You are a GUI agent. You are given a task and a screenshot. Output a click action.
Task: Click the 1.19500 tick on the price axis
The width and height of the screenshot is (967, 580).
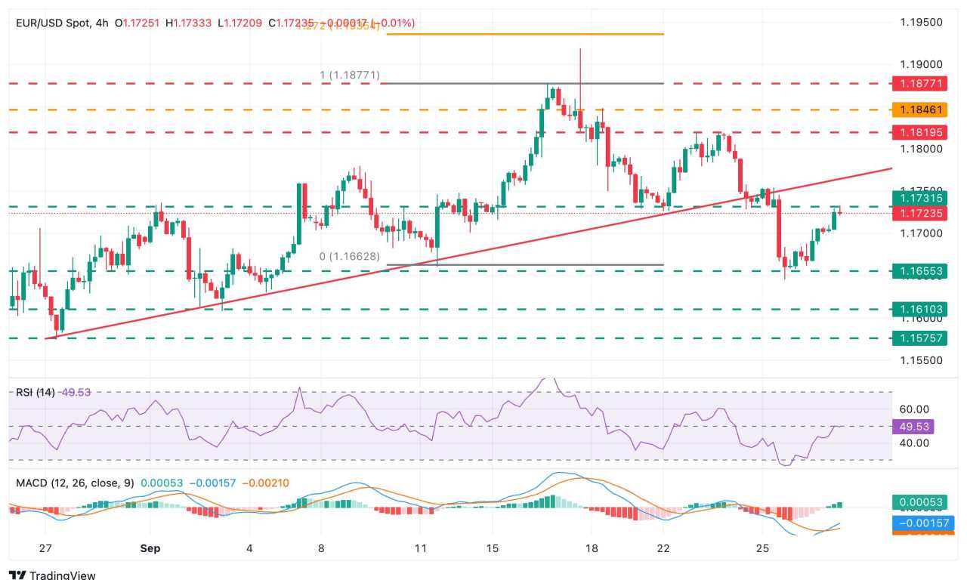[x=921, y=23]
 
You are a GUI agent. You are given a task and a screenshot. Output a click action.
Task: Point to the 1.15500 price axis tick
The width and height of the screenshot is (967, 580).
[x=921, y=360]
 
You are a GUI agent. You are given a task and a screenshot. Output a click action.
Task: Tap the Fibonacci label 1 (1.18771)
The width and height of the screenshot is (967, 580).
[x=350, y=75]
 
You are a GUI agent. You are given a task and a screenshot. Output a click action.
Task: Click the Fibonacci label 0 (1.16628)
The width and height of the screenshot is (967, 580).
[x=349, y=257]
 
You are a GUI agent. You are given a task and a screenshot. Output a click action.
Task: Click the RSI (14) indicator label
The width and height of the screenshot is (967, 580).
[x=36, y=392]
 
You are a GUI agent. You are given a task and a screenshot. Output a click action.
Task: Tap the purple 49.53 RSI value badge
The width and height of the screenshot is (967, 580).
[x=913, y=427]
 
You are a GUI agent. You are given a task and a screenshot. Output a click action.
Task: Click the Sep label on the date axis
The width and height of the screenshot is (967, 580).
[x=150, y=548]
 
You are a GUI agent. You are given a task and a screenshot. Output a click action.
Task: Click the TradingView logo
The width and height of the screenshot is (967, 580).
[x=53, y=575]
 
